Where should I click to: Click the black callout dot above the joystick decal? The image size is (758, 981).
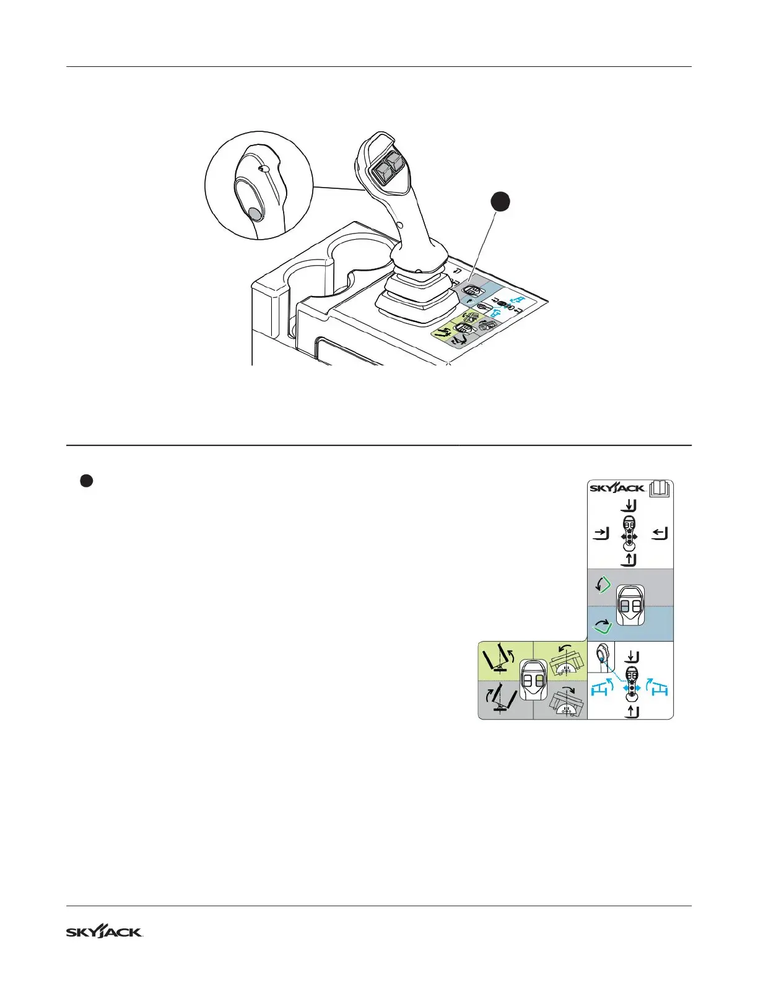point(500,203)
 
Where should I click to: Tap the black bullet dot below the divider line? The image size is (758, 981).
point(87,481)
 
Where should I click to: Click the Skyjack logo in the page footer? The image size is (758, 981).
point(105,932)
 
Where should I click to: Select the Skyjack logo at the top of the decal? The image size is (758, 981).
point(617,488)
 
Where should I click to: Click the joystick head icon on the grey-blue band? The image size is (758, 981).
point(630,606)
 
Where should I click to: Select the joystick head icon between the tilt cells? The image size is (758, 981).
point(533,680)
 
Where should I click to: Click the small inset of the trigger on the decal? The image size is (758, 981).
point(601,657)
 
